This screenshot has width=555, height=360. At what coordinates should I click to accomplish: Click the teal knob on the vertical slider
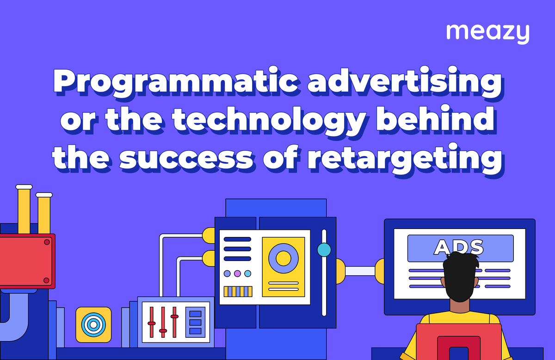(x=324, y=250)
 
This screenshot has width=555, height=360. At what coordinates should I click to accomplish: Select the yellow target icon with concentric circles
(x=93, y=324)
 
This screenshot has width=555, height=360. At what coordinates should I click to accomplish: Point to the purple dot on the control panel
(x=237, y=273)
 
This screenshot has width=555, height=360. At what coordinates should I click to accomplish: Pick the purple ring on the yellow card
(x=283, y=258)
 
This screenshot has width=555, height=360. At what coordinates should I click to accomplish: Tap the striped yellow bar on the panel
(x=238, y=292)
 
